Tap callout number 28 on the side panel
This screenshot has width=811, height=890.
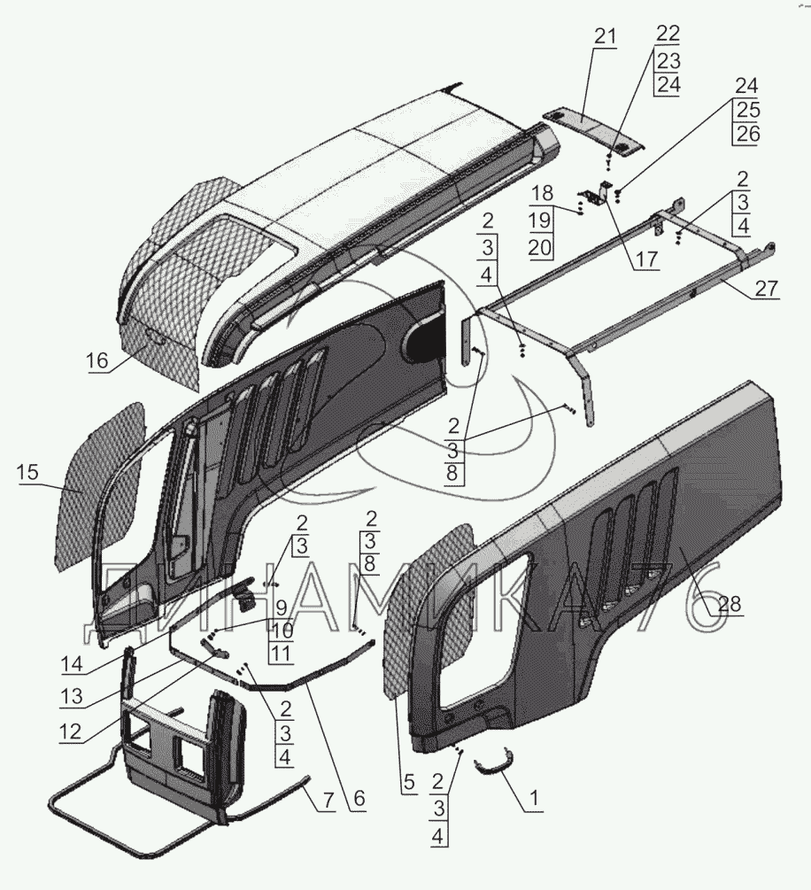tap(730, 605)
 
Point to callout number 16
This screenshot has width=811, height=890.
tap(97, 361)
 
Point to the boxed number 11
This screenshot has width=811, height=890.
tap(281, 654)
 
